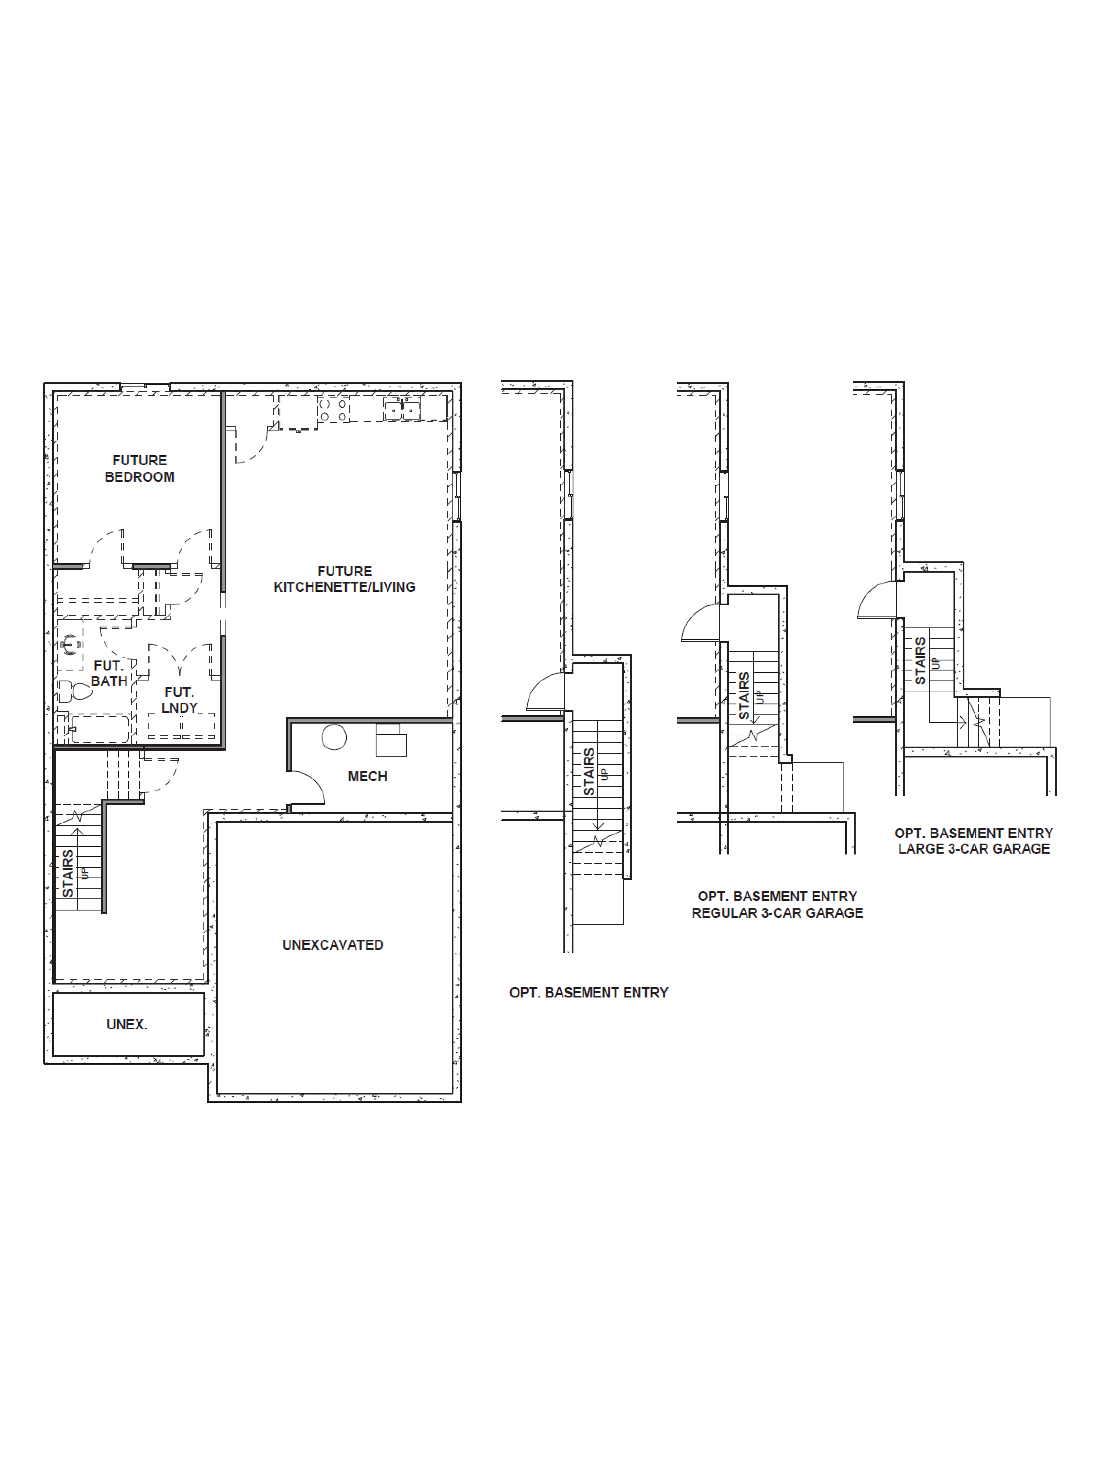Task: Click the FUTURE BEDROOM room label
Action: click(x=139, y=468)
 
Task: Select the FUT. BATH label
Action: click(x=109, y=673)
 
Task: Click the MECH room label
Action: click(x=367, y=776)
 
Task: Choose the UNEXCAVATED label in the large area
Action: click(x=333, y=945)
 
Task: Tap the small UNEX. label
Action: click(x=127, y=1024)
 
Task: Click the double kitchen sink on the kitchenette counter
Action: click(x=402, y=409)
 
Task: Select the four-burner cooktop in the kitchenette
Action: click(x=333, y=409)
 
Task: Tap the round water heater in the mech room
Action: click(x=334, y=737)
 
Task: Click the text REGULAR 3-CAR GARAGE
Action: click(x=777, y=912)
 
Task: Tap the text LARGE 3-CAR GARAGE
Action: click(x=974, y=849)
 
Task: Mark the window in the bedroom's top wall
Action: click(x=145, y=386)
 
